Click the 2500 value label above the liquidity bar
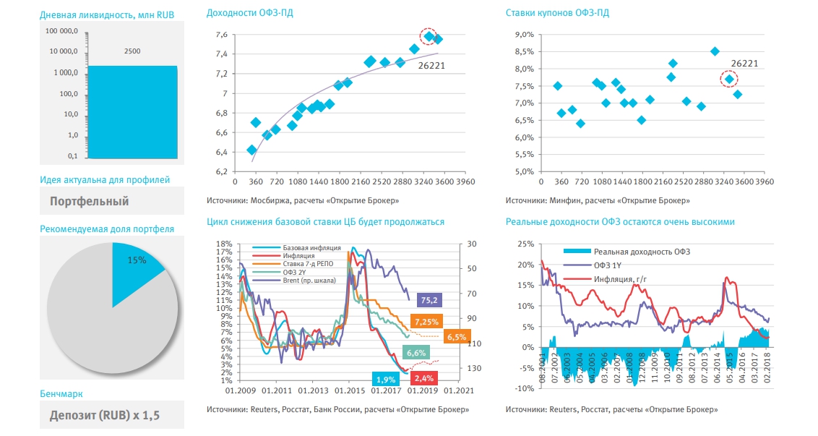click(132, 51)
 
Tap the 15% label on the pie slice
click(137, 260)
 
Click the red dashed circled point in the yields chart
click(429, 36)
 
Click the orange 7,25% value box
click(424, 320)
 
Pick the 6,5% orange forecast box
click(456, 337)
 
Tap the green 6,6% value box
click(416, 353)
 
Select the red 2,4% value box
click(424, 378)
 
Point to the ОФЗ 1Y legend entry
click(610, 265)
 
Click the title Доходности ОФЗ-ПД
click(249, 13)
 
